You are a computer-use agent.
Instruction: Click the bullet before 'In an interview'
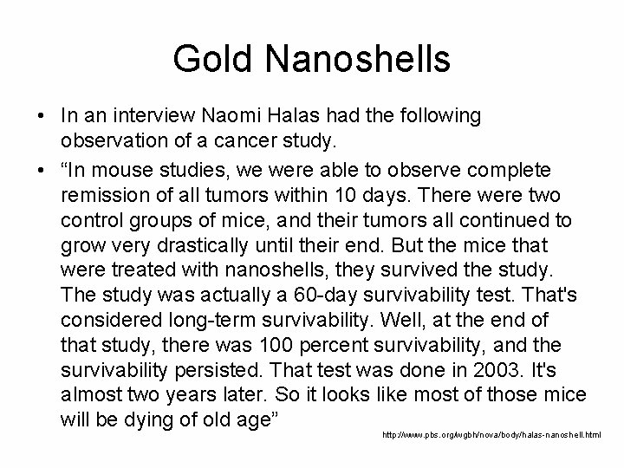[x=42, y=115]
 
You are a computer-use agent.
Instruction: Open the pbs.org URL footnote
[x=491, y=432]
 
